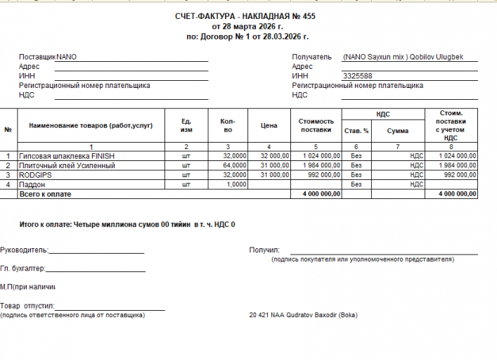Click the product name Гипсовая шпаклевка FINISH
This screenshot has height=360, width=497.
coord(67,155)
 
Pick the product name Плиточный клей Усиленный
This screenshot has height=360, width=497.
coord(67,165)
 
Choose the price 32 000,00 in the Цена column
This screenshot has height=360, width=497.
coord(274,155)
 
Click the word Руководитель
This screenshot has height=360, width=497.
coord(23,250)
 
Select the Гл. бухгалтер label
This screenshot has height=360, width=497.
coord(22,269)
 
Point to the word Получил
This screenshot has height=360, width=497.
coord(264,250)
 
